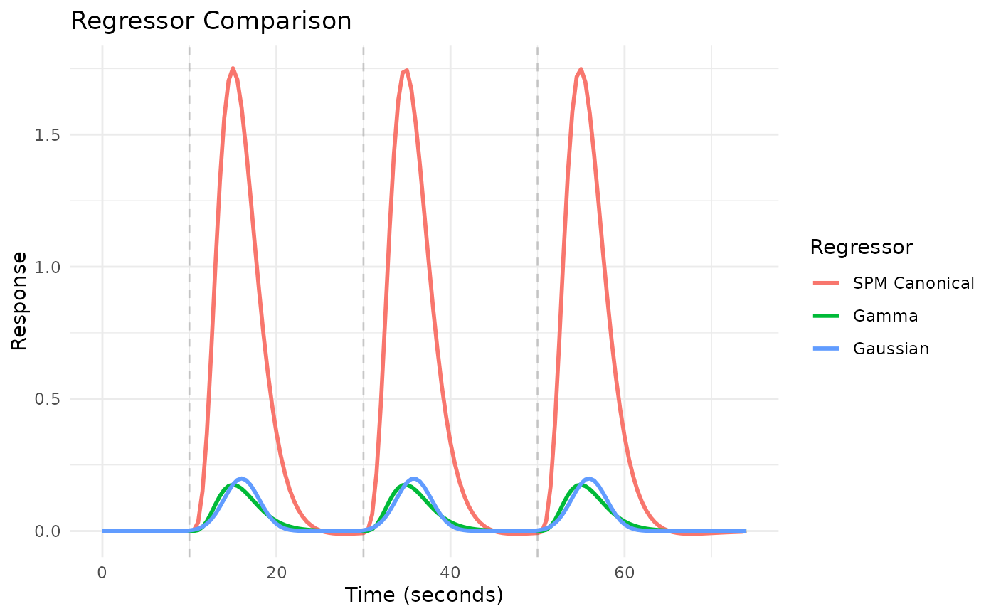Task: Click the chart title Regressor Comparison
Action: pos(211,21)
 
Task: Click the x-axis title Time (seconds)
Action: pos(423,595)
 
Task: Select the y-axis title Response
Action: pos(19,300)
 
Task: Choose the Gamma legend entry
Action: pos(886,316)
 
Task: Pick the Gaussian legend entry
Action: pos(891,349)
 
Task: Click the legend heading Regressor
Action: pos(862,248)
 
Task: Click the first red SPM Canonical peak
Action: pos(233,68)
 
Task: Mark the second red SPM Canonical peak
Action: pos(406,70)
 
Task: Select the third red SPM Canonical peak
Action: pos(581,69)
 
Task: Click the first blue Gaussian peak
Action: pos(242,479)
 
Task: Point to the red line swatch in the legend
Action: pos(827,283)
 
